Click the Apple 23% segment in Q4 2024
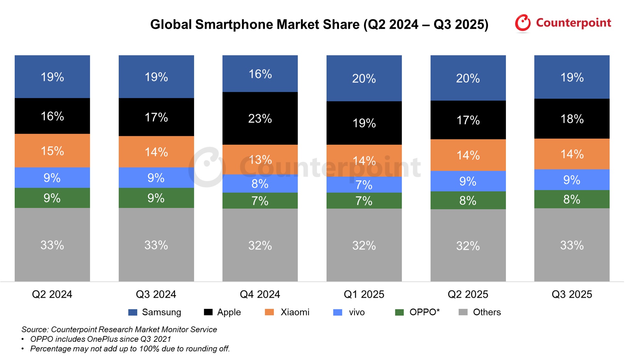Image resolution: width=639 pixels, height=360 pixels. (260, 118)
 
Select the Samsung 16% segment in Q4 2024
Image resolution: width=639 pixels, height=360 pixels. (260, 74)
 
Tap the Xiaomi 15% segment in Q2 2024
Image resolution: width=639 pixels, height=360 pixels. (52, 151)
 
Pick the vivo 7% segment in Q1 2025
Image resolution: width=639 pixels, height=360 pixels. (364, 185)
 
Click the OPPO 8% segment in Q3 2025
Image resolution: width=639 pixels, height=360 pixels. (572, 199)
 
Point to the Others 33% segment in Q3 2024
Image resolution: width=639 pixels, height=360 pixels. (156, 245)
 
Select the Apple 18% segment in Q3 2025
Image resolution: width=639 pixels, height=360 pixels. (572, 119)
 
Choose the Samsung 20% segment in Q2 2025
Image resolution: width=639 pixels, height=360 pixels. (468, 78)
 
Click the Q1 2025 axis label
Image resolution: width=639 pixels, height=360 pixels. (364, 294)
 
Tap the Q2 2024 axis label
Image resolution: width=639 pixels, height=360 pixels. (52, 294)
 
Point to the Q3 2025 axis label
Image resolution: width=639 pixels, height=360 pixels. (572, 294)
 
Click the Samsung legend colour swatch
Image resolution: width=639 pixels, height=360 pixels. (133, 312)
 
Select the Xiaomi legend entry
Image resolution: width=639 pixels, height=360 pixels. (295, 312)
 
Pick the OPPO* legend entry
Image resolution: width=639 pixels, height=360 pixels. (424, 312)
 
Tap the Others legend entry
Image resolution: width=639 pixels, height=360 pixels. (486, 312)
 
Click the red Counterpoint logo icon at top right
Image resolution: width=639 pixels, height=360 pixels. (523, 23)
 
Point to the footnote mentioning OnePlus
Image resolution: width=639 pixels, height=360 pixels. (100, 339)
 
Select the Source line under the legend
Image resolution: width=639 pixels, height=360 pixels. (119, 329)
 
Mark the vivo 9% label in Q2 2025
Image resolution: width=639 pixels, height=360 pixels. (468, 181)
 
